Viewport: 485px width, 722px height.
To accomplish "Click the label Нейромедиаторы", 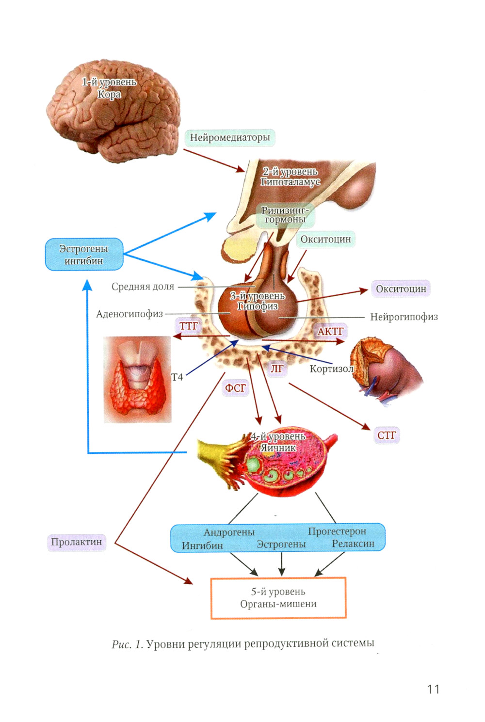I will [x=229, y=138].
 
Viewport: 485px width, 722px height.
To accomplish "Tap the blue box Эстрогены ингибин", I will [x=84, y=255].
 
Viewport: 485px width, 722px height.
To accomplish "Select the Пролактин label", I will [x=77, y=542].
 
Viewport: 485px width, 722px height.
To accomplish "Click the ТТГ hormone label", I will [x=189, y=326].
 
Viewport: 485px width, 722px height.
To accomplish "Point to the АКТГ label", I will [x=330, y=331].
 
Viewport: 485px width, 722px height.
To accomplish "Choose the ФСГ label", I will [x=235, y=388].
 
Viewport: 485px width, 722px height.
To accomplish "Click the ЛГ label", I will [x=277, y=369].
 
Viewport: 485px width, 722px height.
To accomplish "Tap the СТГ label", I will [x=387, y=435].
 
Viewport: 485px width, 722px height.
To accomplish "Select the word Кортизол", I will [x=332, y=369].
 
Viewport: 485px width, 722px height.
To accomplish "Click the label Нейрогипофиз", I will [x=404, y=317].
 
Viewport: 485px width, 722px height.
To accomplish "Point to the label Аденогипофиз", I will [x=129, y=314].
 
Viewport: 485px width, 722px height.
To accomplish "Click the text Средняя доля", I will [x=143, y=287].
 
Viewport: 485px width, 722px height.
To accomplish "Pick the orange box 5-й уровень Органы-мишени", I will [x=278, y=598].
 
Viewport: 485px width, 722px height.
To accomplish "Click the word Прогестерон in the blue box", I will [x=337, y=531].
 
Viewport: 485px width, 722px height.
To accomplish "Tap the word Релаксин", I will [x=353, y=544].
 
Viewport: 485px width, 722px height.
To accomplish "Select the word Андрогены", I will [x=229, y=532].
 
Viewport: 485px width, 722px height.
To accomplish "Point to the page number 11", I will [x=433, y=689].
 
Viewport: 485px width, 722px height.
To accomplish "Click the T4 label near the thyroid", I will [x=177, y=377].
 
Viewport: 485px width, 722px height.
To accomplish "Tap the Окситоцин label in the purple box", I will [x=401, y=289].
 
